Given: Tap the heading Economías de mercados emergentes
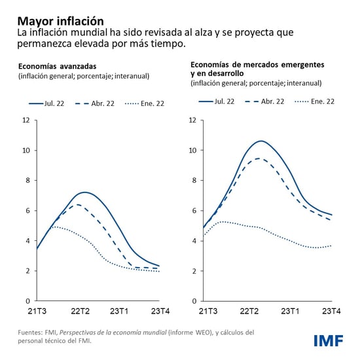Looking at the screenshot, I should coord(257,65).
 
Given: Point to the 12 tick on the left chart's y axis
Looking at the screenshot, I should coord(26,120).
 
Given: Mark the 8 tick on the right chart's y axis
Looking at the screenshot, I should coord(193,180).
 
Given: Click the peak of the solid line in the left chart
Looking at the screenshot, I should coord(84,192).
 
